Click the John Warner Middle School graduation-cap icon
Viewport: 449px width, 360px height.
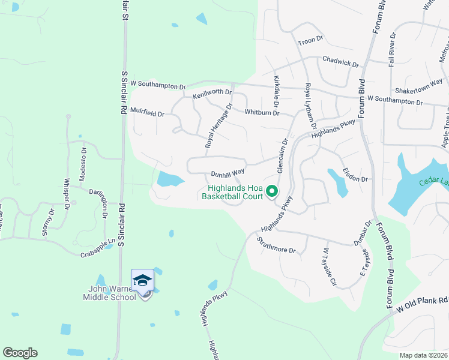tap(143, 280)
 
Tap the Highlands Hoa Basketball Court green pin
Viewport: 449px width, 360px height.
tap(271, 191)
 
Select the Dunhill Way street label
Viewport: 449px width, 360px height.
tap(228, 174)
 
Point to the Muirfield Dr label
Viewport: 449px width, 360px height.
tap(147, 112)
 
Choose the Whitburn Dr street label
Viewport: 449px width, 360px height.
tap(262, 112)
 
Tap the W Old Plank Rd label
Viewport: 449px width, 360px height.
tap(421, 304)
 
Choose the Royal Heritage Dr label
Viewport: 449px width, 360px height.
tap(218, 126)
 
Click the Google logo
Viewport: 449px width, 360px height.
tap(20, 353)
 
